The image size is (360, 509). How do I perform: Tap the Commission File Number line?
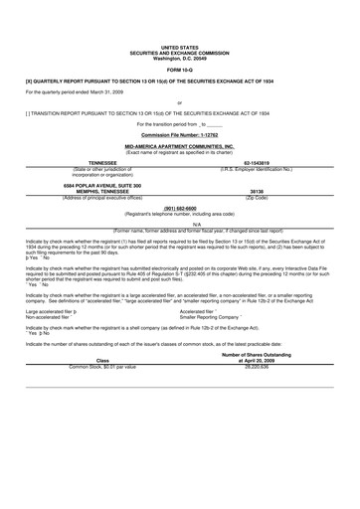(x=179, y=133)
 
